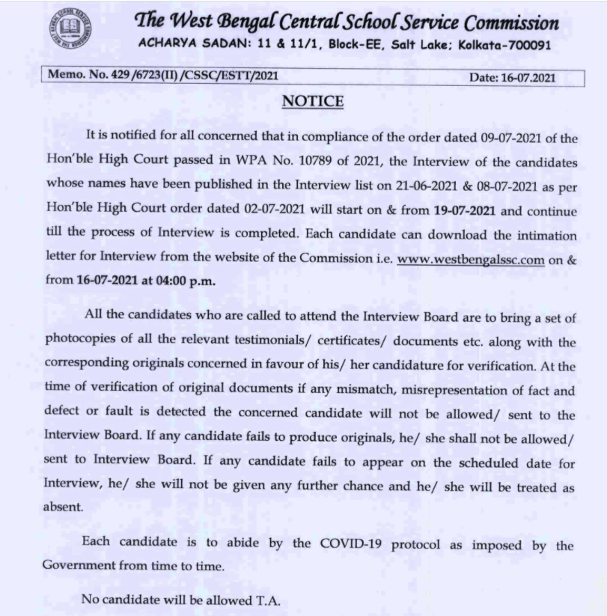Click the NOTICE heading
pos(313,101)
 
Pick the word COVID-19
pos(351,545)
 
